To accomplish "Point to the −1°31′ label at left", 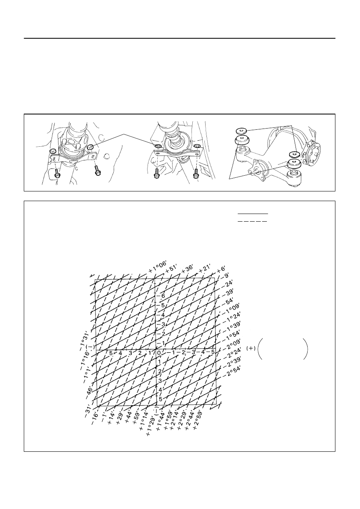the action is click(85, 341).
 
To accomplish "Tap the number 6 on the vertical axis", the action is click(163, 296).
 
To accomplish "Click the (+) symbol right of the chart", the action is click(251, 348).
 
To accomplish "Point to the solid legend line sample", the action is click(253, 214).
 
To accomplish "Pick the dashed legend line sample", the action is click(252, 221).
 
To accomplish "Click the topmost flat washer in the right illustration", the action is click(241, 131).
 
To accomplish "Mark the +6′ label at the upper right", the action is click(221, 270).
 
